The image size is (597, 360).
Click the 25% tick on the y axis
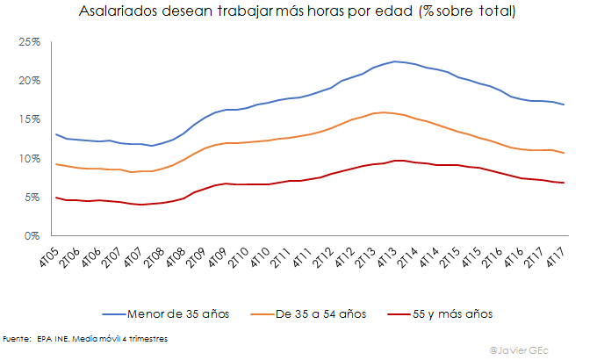tap(31, 42)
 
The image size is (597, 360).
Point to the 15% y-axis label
tap(31, 119)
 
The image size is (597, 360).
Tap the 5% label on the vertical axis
tap(33, 197)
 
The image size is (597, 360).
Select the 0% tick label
tap(33, 235)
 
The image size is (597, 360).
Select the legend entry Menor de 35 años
tap(175, 313)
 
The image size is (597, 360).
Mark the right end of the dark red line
tap(564, 183)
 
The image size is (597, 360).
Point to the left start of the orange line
tap(56, 164)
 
